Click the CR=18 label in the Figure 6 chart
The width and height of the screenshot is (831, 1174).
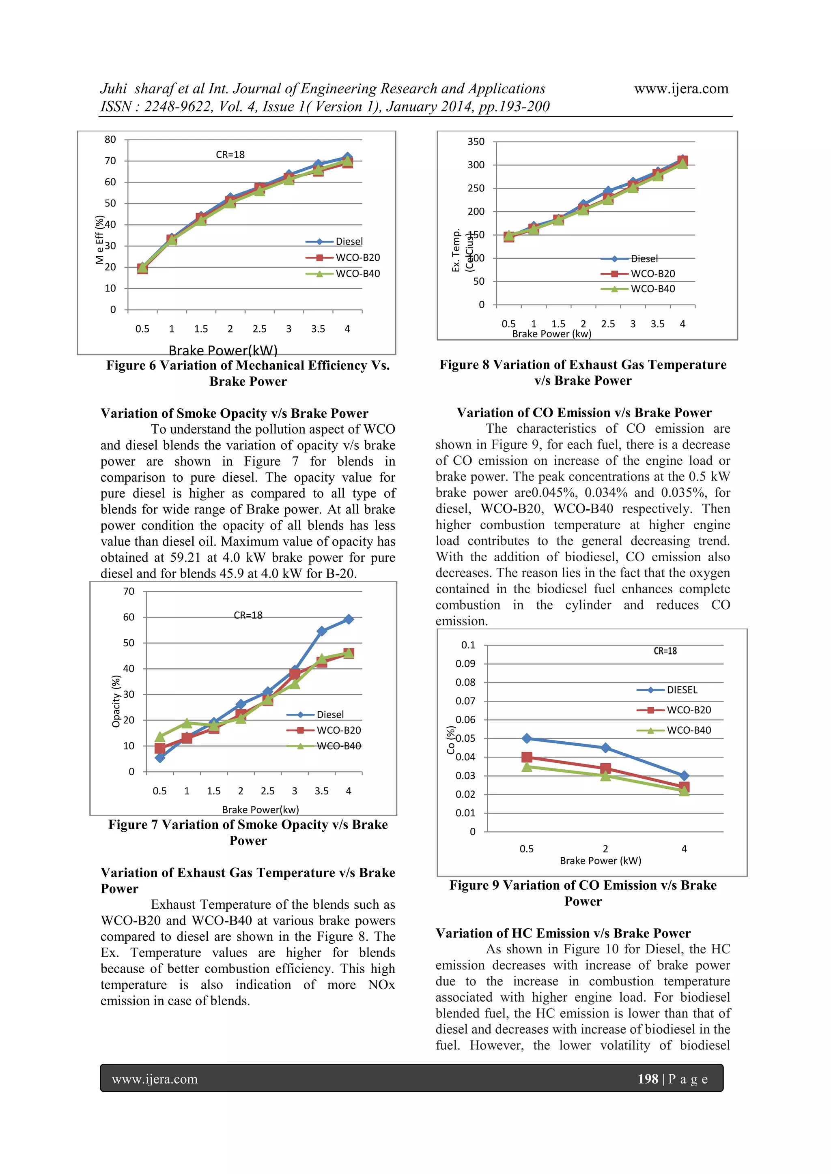pos(230,155)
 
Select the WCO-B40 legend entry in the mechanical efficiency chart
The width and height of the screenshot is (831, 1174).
pos(357,274)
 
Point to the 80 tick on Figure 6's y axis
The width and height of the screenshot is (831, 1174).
pos(110,140)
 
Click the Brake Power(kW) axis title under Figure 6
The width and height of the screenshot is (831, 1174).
pos(223,350)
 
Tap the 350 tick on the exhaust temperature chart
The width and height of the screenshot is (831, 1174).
pos(476,142)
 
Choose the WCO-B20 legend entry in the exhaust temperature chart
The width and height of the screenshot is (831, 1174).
pos(652,274)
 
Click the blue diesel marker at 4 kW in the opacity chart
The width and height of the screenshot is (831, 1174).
pos(349,619)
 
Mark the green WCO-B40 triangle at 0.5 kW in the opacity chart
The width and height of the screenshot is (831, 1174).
pos(159,736)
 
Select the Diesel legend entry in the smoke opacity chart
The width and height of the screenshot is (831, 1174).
pos(330,714)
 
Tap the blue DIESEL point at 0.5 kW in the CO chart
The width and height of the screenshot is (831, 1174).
pos(527,738)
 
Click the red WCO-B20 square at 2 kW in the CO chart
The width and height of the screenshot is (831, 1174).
pos(605,768)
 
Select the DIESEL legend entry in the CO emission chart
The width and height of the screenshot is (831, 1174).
pos(682,690)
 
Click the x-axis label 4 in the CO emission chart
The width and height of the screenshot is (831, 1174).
pos(684,849)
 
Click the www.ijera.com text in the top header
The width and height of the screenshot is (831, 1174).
pos(681,88)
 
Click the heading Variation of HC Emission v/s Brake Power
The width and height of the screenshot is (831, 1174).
pos(563,933)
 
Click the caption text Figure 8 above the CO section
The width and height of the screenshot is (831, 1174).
pos(464,365)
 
